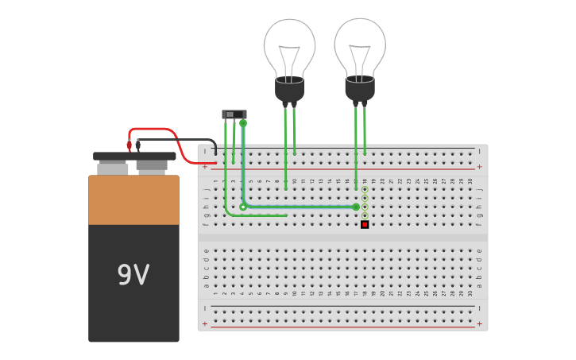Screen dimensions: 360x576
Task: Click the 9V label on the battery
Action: [133, 275]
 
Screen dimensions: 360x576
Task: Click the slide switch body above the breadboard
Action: [234, 114]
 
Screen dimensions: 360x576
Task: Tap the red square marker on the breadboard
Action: [365, 224]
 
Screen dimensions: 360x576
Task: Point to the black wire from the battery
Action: [183, 140]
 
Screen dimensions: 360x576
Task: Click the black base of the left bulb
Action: [289, 90]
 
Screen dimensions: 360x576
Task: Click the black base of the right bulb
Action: [360, 89]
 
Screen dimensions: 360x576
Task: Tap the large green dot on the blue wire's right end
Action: [356, 207]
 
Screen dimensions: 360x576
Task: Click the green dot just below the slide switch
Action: [243, 123]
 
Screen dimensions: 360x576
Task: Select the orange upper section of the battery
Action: [133, 200]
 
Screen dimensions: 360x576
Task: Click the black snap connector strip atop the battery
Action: [134, 157]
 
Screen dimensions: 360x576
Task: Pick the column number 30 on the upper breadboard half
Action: [470, 181]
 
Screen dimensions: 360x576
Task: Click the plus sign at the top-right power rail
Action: [479, 167]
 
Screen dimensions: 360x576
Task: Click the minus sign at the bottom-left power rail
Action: [205, 308]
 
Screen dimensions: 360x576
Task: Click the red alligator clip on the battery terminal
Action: [130, 145]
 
